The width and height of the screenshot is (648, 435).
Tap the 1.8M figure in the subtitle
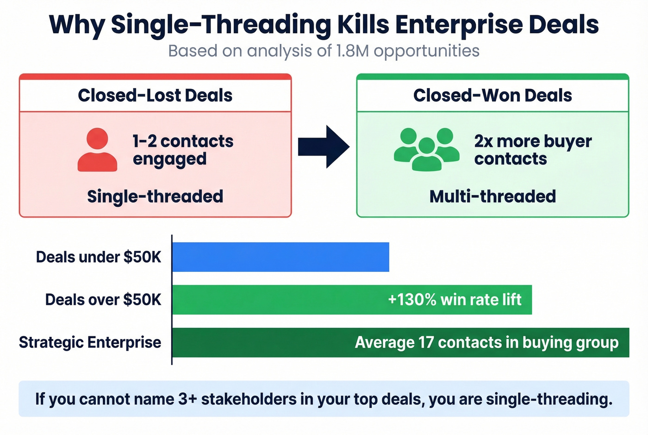(x=352, y=50)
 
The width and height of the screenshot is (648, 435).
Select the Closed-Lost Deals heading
(x=155, y=95)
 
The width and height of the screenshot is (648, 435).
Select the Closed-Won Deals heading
(x=492, y=95)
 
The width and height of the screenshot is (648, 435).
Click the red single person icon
(x=97, y=150)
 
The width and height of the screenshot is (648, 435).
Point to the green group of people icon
(x=426, y=149)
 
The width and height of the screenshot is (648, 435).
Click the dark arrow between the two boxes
(x=324, y=146)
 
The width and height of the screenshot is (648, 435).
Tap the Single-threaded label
(x=155, y=196)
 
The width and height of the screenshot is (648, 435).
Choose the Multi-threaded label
(x=492, y=196)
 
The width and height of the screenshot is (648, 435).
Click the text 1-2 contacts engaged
(x=183, y=150)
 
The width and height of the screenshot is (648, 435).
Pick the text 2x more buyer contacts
(x=533, y=150)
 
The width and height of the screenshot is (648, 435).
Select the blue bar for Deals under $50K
(x=280, y=257)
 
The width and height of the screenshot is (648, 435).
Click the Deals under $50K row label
(x=99, y=257)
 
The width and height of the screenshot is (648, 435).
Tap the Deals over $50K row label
(x=103, y=300)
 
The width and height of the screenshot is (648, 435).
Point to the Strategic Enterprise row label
(x=90, y=342)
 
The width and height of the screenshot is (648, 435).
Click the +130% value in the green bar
(x=412, y=300)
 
